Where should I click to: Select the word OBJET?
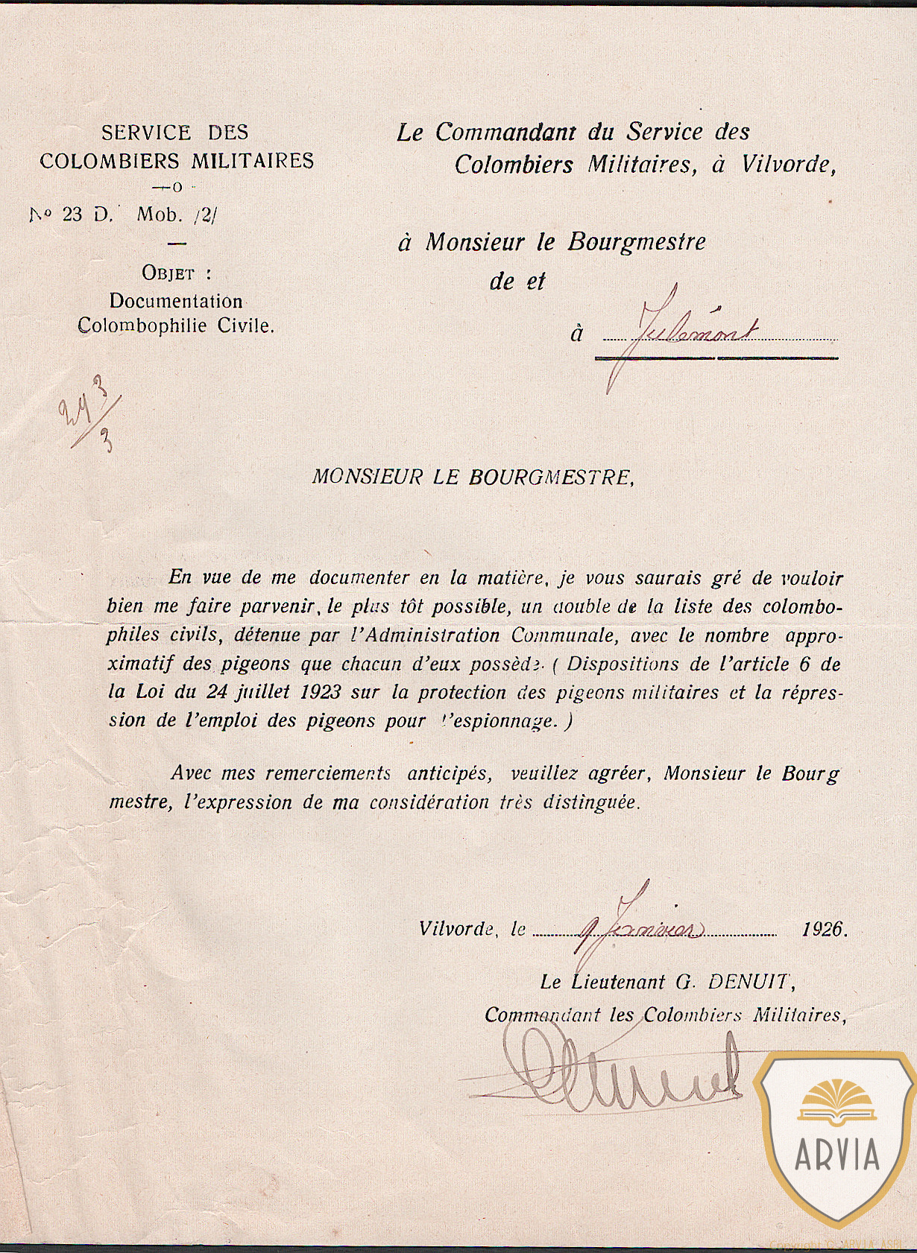168,273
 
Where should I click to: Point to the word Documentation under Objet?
176,302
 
